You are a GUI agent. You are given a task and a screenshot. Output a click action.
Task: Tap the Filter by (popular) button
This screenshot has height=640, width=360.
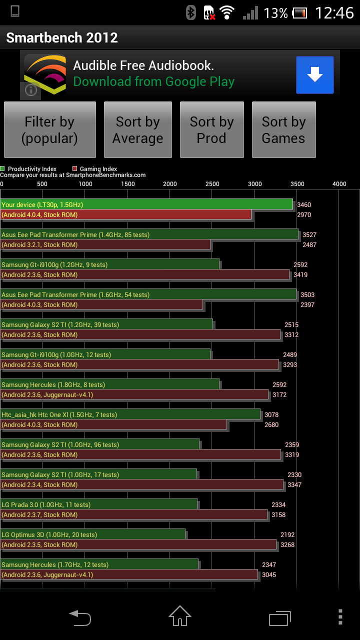coord(49,129)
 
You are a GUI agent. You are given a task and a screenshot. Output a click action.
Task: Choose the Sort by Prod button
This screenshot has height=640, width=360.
coord(211,129)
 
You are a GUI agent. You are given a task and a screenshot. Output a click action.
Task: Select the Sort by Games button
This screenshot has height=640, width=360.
coord(283,129)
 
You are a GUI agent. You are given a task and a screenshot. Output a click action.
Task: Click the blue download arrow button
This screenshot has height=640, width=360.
coord(315,75)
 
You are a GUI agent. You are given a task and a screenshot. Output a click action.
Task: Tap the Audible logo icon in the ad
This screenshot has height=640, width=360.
coord(45,75)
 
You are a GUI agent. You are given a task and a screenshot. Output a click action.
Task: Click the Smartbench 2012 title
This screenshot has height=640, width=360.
coord(62,37)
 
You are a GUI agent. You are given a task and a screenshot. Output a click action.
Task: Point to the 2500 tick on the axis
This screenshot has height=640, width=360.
coord(212,184)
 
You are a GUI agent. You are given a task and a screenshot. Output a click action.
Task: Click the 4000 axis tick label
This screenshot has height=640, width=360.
coord(339,184)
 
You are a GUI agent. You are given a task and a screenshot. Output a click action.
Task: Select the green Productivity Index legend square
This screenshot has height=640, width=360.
coord(2,168)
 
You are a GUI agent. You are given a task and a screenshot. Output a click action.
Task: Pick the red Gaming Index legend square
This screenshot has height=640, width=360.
coord(75,168)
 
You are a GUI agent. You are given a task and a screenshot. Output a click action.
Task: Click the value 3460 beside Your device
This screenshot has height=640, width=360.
coord(304,205)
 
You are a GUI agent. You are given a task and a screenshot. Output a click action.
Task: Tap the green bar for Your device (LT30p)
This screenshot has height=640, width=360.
coord(146,204)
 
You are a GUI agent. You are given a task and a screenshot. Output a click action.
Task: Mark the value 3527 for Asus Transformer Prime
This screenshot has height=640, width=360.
coord(309,235)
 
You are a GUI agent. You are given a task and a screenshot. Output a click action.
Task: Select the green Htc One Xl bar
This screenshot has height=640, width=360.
coord(130,414)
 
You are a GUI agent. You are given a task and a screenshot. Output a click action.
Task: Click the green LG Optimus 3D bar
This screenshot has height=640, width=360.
coord(93,534)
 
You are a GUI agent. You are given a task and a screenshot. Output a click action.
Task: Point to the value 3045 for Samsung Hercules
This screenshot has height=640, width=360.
coord(269,574)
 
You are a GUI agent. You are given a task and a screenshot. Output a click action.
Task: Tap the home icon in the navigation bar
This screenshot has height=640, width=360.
coord(179,616)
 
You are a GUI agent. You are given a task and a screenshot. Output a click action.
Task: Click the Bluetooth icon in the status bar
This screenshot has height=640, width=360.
coord(191,12)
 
